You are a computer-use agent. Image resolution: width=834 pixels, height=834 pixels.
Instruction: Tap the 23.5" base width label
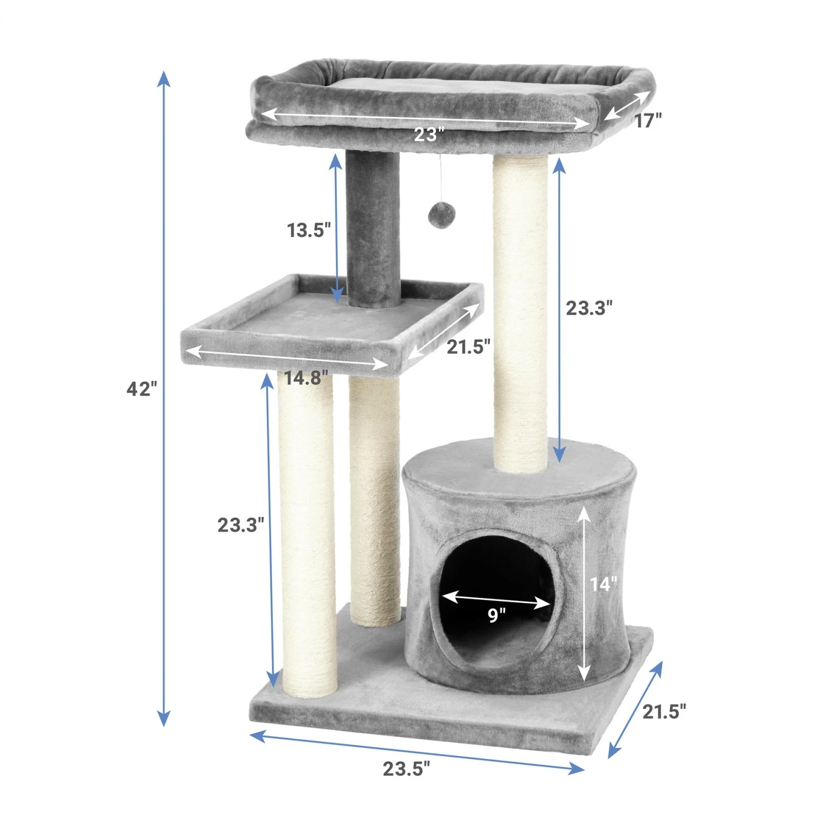tap(406, 769)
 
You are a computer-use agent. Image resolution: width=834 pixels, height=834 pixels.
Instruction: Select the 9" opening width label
tap(497, 615)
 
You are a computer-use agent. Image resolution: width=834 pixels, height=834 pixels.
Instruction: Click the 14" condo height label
tap(603, 584)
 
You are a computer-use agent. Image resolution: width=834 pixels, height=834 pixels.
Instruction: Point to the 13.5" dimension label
tap(309, 230)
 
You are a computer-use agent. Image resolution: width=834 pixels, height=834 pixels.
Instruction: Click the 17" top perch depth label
tap(648, 121)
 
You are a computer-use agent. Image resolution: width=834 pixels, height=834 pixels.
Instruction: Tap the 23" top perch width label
tap(429, 135)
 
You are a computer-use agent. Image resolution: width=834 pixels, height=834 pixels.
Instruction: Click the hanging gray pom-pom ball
tap(440, 214)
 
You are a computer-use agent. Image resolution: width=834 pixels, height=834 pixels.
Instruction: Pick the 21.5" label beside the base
tap(664, 711)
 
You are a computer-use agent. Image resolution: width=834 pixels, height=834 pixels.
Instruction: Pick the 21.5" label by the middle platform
tap(468, 346)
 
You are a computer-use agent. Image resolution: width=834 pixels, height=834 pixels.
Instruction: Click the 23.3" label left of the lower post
tap(240, 524)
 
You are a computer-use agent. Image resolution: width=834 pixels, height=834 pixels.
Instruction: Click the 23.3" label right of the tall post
tap(589, 307)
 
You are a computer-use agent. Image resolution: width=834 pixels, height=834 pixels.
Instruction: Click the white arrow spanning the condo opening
tap(497, 599)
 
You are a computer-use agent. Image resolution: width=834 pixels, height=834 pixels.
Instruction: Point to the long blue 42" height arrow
tap(163, 500)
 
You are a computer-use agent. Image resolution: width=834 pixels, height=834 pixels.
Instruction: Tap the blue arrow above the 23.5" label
tap(417, 752)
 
